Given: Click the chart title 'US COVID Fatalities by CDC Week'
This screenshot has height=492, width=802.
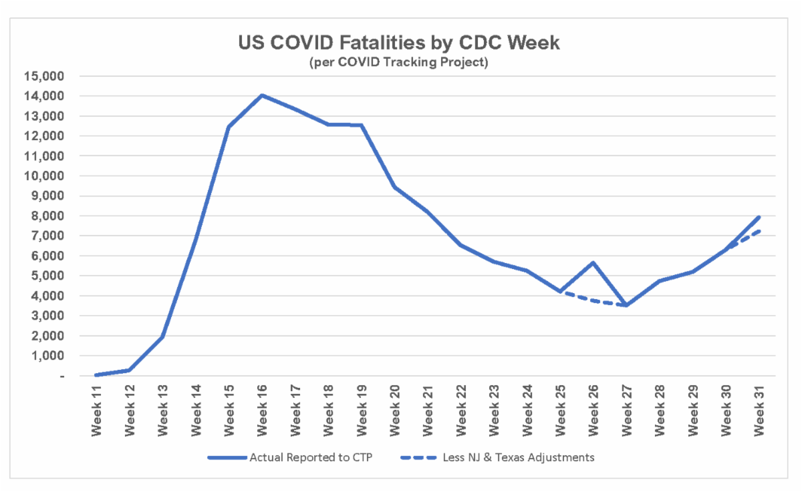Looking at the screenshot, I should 399,43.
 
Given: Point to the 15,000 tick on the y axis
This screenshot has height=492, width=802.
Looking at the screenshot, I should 46,76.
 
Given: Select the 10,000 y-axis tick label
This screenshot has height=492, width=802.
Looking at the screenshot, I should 46,176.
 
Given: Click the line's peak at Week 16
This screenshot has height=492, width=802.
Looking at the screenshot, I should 262,95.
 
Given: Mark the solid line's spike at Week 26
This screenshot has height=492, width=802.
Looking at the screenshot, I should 593,262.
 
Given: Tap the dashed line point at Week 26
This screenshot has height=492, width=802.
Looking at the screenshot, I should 593,300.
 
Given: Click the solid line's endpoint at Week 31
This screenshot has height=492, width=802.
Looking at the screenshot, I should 759,217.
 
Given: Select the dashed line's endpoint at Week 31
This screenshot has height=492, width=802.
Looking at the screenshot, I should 759,231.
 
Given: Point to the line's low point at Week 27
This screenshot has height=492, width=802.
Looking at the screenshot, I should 626,305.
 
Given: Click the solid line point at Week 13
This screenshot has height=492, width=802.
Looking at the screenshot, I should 162,336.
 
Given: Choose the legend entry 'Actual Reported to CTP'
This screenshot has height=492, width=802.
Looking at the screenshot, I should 291,458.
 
